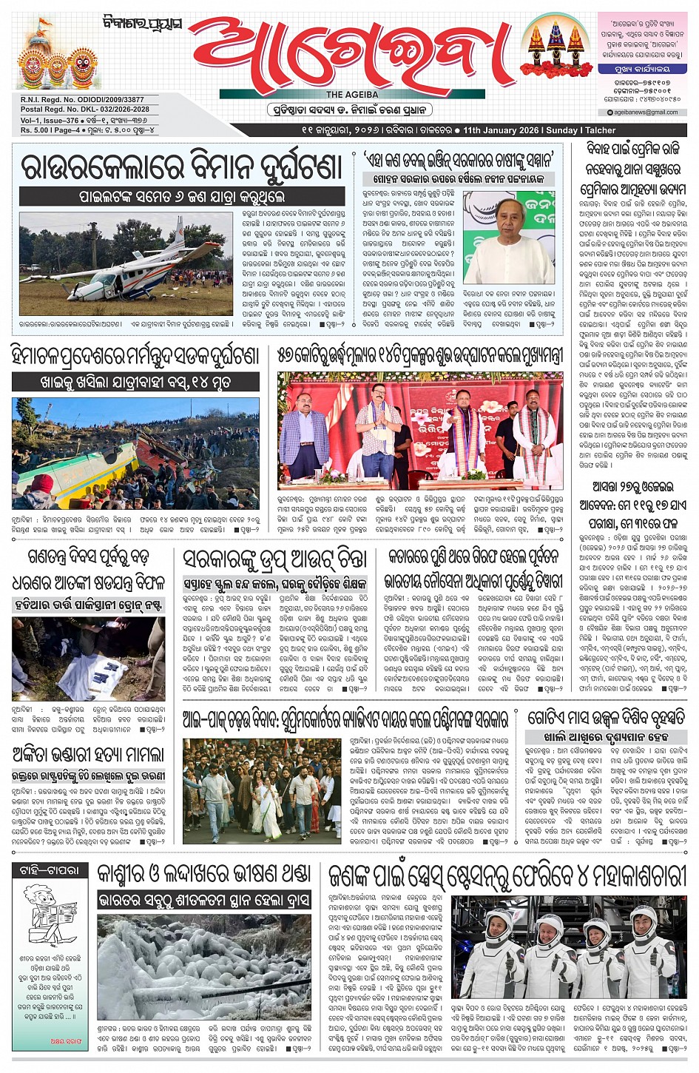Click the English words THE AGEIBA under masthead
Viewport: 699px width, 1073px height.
pyautogui.click(x=352, y=95)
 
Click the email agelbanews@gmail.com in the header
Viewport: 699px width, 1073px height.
pyautogui.click(x=646, y=112)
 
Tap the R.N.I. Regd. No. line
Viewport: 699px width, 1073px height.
pyautogui.click(x=82, y=100)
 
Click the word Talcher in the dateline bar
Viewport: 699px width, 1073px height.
pyautogui.click(x=600, y=130)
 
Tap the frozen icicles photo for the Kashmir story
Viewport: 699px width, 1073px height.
pyautogui.click(x=203, y=966)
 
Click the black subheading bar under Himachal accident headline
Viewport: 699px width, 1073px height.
pyautogui.click(x=135, y=383)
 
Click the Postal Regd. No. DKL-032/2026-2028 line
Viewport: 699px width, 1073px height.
pyautogui.click(x=85, y=110)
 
